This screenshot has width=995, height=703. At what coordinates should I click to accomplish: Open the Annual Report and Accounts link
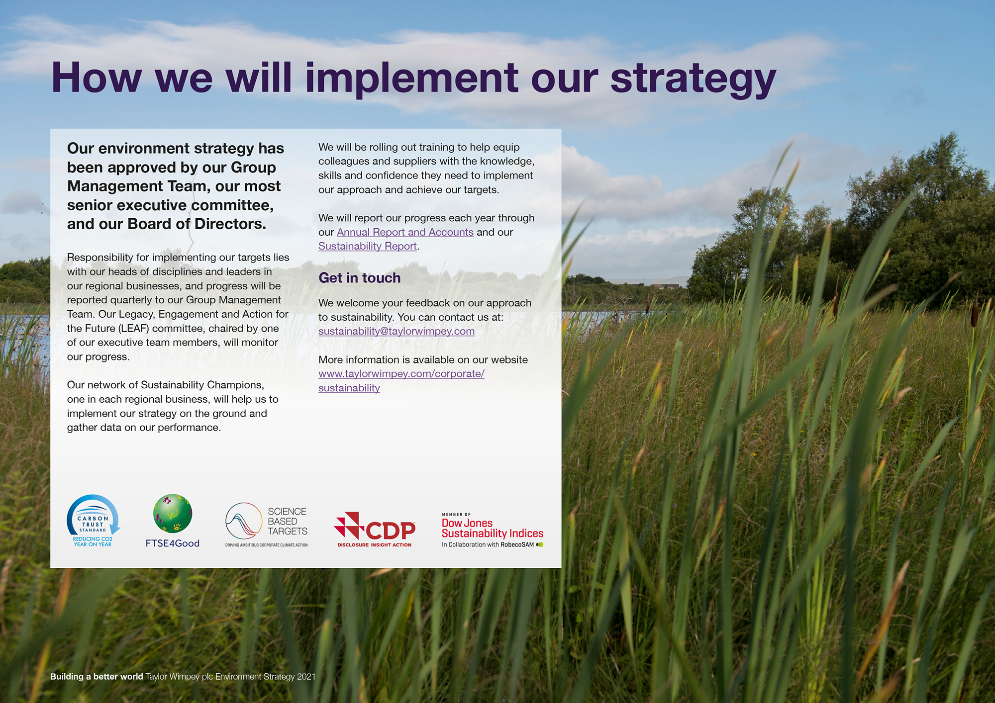tap(405, 232)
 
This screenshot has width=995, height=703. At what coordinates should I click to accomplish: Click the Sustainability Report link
tap(368, 246)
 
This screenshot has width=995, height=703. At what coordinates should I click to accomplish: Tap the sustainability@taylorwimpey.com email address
tap(397, 331)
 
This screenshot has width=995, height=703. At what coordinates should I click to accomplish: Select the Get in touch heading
tap(359, 277)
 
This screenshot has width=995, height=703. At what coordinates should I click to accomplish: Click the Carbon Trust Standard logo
tap(94, 521)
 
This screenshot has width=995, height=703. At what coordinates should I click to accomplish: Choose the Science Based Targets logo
tap(266, 525)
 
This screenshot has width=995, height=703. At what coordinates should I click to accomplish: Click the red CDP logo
tap(375, 529)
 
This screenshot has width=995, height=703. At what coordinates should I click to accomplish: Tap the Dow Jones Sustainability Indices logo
tap(493, 530)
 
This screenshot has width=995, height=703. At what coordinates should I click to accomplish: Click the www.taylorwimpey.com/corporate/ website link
tap(401, 374)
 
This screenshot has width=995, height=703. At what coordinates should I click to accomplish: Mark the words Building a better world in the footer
tap(97, 677)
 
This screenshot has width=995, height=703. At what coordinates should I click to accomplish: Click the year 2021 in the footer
tap(306, 677)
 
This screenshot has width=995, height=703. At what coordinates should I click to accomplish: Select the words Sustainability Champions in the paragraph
tap(202, 385)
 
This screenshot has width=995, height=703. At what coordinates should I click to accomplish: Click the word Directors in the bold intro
tap(230, 224)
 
